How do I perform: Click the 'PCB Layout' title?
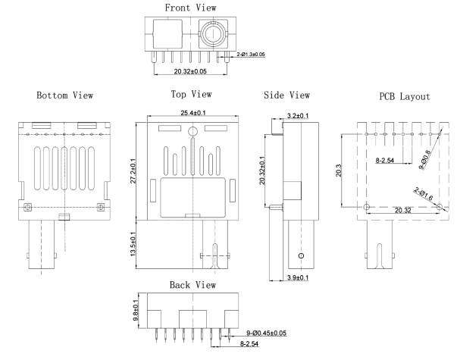coord(404,97)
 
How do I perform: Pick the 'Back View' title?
coord(191,285)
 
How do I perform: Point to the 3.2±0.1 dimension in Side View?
coord(297,117)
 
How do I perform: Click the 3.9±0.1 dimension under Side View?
coord(296,280)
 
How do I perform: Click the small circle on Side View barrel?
coord(301,257)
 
